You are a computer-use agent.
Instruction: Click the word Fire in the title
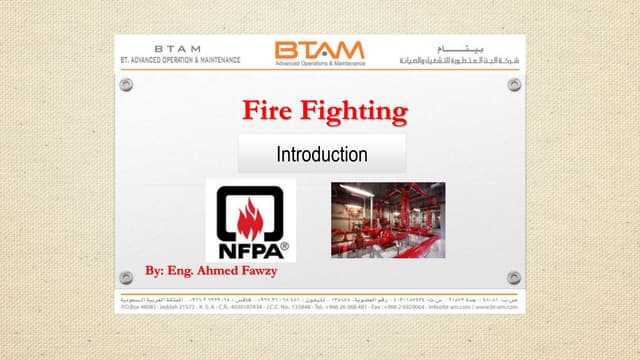tap(267, 110)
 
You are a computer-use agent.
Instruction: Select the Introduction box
tap(322, 155)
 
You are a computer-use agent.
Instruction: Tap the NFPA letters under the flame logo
tap(249, 243)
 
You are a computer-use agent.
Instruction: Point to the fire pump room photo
tap(387, 219)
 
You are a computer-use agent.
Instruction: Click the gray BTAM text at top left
tap(177, 47)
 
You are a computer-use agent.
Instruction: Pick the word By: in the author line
tap(155, 271)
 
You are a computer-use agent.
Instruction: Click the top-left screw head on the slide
tap(126, 85)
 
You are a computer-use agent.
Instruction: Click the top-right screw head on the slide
tap(513, 85)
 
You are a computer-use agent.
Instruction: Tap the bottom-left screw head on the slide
tap(126, 276)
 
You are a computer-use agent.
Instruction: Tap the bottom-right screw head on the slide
tap(513, 276)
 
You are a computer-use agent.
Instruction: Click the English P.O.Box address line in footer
tap(319, 311)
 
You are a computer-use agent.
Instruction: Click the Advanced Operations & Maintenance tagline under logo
tap(319, 63)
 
